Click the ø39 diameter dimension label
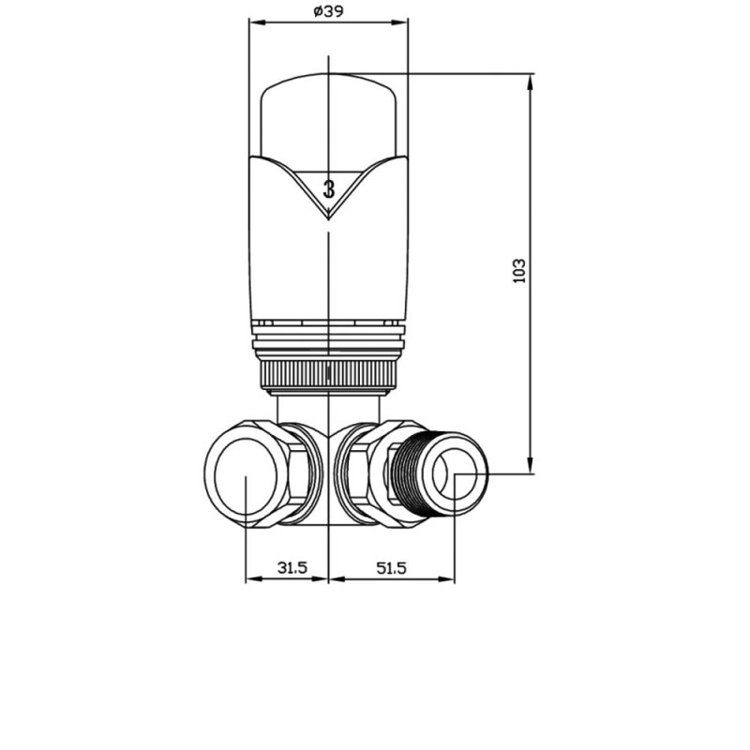[329, 11]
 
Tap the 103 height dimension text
[519, 271]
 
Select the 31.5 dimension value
[292, 568]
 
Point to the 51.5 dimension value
[391, 568]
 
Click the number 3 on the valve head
[329, 189]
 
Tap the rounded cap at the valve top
[329, 114]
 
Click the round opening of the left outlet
[246, 474]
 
